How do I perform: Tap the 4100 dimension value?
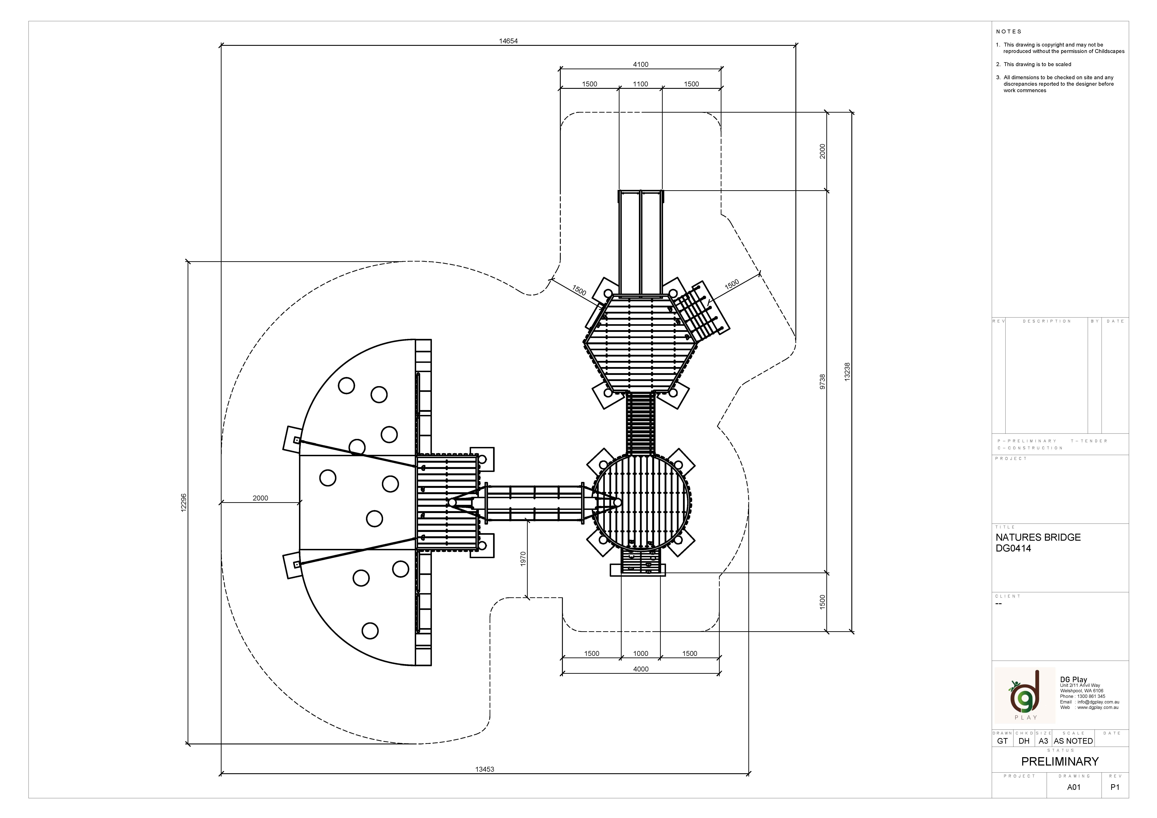pyautogui.click(x=640, y=65)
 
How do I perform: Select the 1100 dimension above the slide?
pyautogui.click(x=640, y=84)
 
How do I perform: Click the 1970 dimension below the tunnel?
pyautogui.click(x=523, y=559)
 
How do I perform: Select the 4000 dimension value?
pyautogui.click(x=640, y=669)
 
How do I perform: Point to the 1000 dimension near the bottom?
pyautogui.click(x=640, y=654)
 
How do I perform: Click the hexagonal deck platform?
pyautogui.click(x=640, y=343)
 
